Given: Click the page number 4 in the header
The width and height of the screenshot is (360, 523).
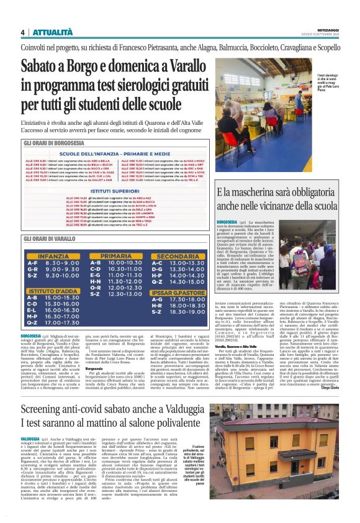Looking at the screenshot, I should point(22,32).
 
